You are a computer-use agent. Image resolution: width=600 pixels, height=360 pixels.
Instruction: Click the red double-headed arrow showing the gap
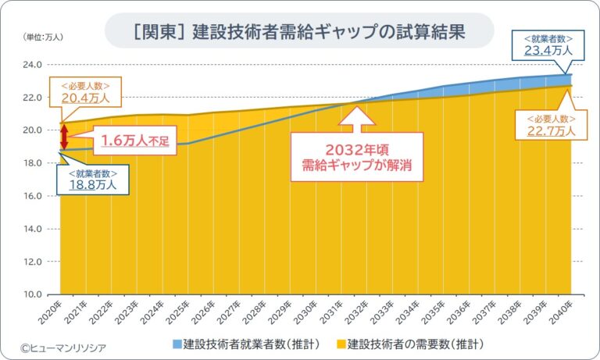(65, 136)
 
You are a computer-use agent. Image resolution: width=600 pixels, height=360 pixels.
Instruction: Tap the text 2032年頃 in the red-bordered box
(356, 148)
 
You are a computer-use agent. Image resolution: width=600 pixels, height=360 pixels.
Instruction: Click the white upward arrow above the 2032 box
(356, 118)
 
